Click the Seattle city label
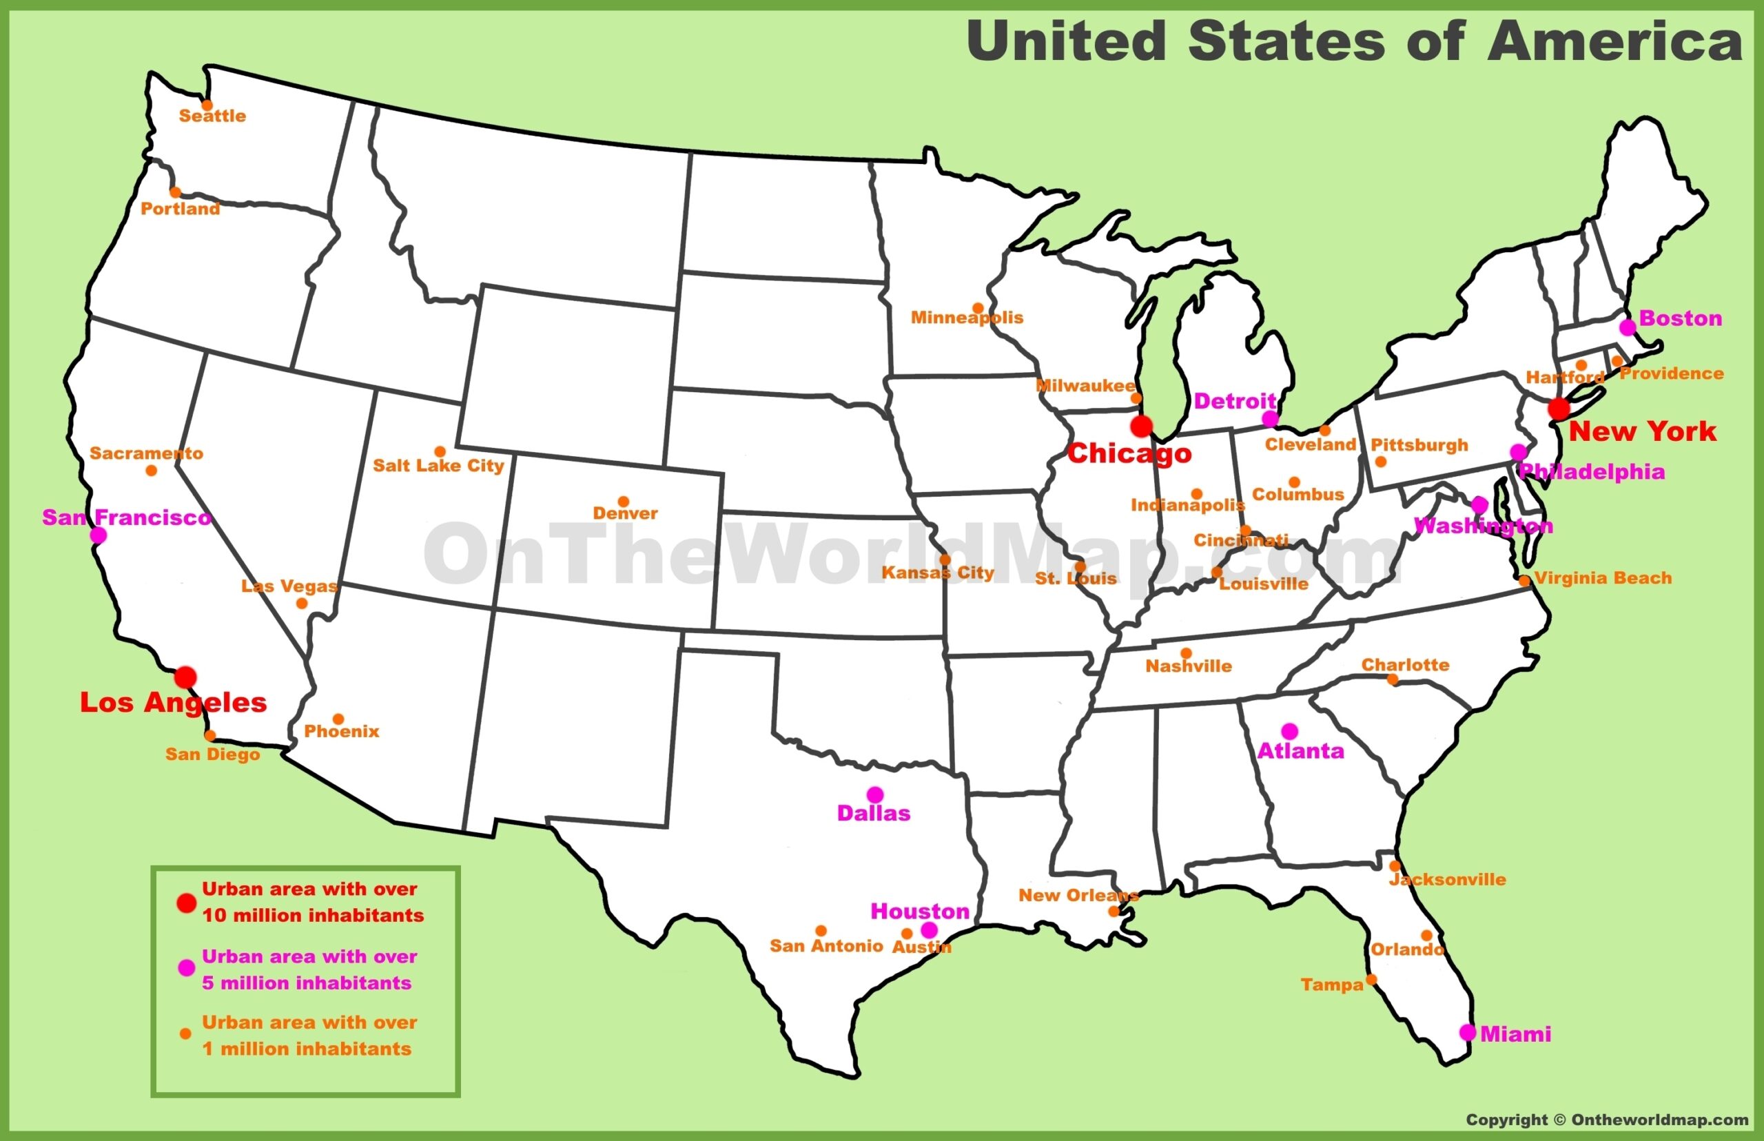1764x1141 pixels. [x=213, y=116]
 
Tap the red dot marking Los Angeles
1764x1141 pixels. [x=185, y=677]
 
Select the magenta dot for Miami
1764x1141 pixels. [x=1467, y=1032]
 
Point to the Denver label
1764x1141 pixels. [x=625, y=513]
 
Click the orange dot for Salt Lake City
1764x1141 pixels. [x=440, y=452]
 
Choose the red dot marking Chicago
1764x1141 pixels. [x=1141, y=426]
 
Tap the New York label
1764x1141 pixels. [x=1642, y=432]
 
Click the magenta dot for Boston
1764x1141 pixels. [x=1627, y=327]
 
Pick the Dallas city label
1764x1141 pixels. [x=874, y=814]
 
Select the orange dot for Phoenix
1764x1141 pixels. [x=338, y=719]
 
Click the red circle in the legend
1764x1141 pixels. [x=186, y=903]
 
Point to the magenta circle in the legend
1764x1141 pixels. [x=187, y=967]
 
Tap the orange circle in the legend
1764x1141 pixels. [x=186, y=1034]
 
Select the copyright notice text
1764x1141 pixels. [x=1607, y=1120]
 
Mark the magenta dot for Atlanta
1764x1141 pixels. [x=1289, y=730]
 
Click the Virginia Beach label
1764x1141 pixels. [x=1603, y=578]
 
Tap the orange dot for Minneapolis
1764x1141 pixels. [x=978, y=308]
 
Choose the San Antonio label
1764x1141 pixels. [x=826, y=946]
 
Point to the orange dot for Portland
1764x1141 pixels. [x=176, y=193]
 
